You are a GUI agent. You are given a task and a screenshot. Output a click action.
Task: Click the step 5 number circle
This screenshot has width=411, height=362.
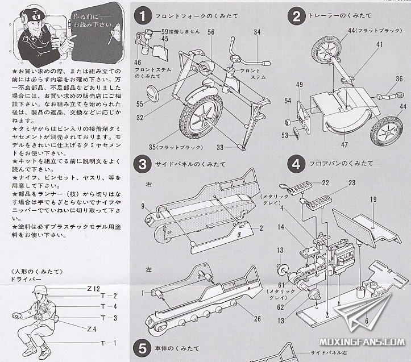(x=142, y=347)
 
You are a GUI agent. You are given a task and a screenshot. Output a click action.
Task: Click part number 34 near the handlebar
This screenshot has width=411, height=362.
(x=257, y=32)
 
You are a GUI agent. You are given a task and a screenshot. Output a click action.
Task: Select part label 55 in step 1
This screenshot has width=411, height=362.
(x=140, y=104)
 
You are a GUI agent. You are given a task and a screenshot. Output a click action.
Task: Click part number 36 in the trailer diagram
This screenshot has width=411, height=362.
(x=399, y=79)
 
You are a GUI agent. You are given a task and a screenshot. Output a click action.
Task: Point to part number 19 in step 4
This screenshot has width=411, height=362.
(x=373, y=199)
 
